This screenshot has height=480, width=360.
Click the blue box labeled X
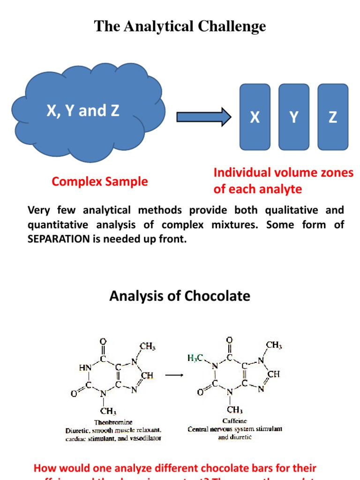coord(255,117)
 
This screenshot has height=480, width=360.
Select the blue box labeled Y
coord(294,117)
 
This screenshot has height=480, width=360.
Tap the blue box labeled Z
coord(333,117)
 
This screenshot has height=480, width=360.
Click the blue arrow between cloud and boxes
coord(203,117)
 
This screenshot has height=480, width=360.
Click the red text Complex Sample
coord(100,181)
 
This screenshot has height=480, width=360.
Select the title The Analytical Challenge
coord(180,26)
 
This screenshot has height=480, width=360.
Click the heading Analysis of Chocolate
coord(180,296)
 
